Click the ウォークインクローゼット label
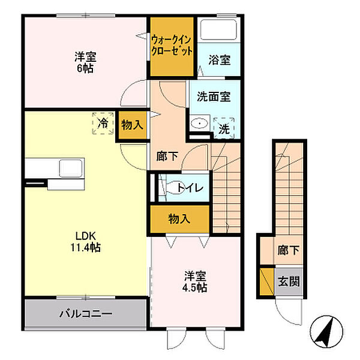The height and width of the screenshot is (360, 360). (x=172, y=46)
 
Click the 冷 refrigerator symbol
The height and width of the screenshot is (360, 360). (x=103, y=124)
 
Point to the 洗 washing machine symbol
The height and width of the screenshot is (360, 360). (x=223, y=128)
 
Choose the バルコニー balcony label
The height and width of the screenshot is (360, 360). (x=86, y=313)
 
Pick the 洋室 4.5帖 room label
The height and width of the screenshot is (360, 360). (x=195, y=282)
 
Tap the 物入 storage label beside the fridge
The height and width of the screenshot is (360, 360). (x=132, y=125)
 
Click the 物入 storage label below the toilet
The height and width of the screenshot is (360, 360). (x=179, y=218)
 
